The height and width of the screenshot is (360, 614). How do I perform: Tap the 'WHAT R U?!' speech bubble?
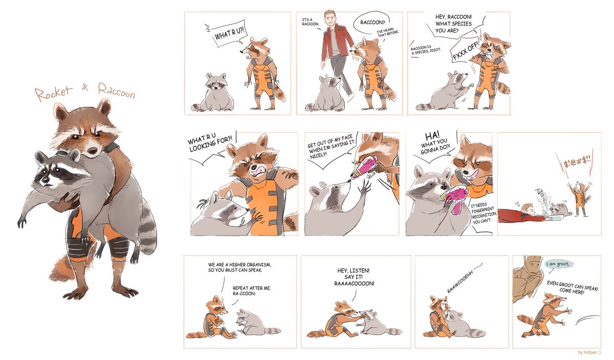coord(228,35)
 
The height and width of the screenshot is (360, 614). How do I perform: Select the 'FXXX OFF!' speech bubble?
coord(465,51)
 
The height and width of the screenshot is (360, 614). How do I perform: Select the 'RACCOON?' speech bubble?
coord(372,23)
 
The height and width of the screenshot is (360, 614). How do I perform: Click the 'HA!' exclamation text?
coord(432,136)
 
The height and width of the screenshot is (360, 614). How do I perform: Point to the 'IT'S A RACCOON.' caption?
coord(309,22)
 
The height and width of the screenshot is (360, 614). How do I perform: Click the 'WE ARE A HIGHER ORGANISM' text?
coord(239,265)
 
